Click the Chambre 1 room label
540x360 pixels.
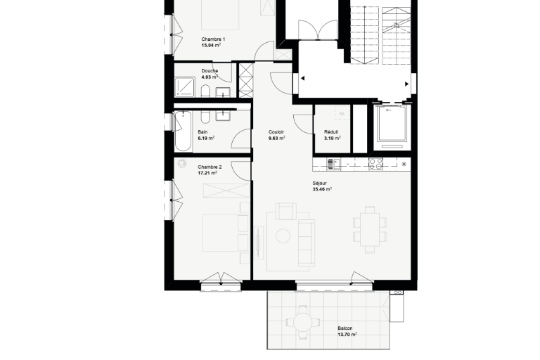[213, 39]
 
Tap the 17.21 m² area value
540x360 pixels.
[207, 173]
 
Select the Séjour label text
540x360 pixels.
[320, 184]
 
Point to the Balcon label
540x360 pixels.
[345, 328]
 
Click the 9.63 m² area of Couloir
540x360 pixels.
[276, 138]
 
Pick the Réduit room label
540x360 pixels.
[331, 132]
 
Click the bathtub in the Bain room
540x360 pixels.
[183, 131]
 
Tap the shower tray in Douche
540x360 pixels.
[185, 86]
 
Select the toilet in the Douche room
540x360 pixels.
[205, 91]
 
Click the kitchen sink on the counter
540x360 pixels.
[333, 164]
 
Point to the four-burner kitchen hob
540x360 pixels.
[375, 164]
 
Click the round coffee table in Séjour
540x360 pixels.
[283, 236]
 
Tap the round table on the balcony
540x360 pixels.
[302, 322]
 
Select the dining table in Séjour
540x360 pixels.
[370, 229]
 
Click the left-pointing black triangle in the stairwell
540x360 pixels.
[302, 78]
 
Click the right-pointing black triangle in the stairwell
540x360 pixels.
[406, 84]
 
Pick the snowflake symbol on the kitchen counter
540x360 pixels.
[404, 164]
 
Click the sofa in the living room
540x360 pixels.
[306, 243]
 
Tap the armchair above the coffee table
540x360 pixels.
[286, 211]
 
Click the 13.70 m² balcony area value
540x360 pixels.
[347, 334]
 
